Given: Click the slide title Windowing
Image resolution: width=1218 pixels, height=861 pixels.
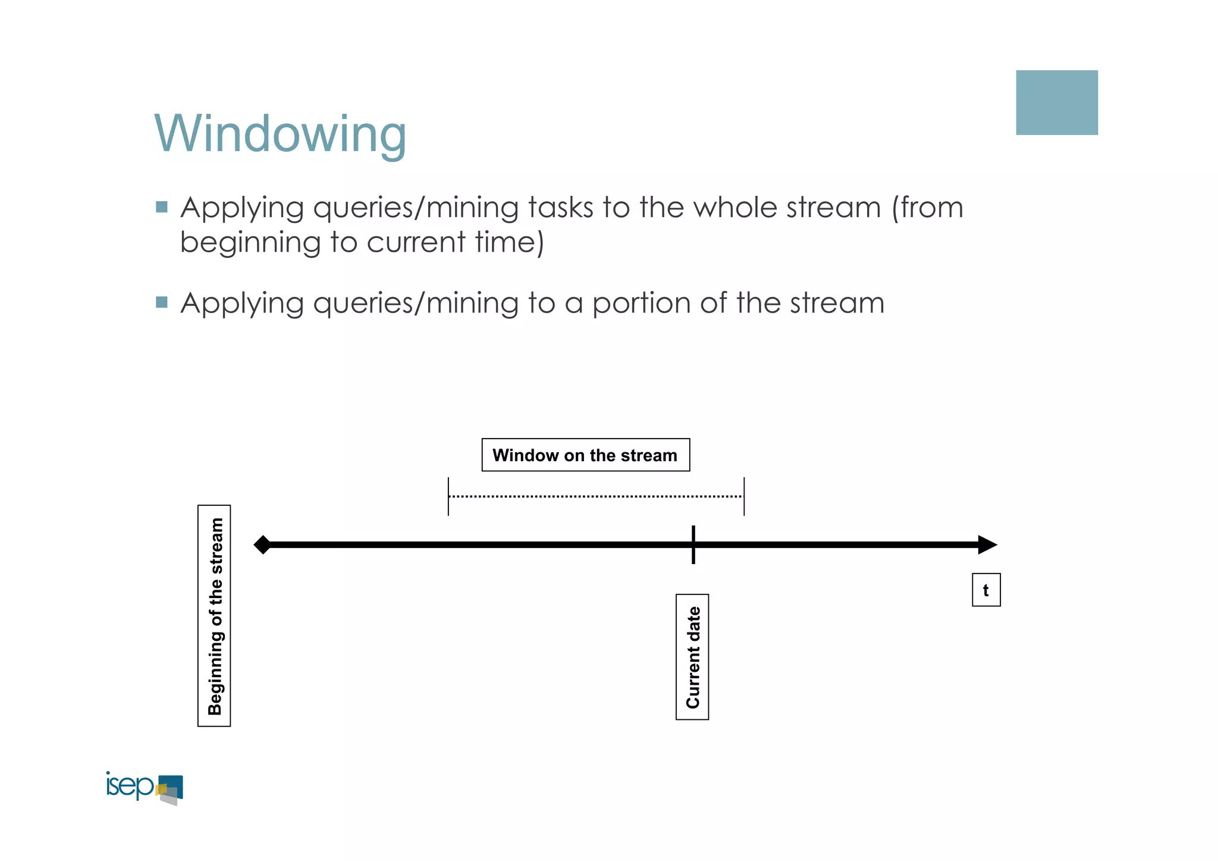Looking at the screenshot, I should point(280,134).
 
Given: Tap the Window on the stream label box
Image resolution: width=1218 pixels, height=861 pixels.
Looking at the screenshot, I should point(585,455).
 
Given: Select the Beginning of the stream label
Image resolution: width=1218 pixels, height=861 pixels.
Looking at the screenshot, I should point(214,616).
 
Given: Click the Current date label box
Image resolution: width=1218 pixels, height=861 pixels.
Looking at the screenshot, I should point(692,657).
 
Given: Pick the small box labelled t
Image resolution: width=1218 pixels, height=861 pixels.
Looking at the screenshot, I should point(986,590).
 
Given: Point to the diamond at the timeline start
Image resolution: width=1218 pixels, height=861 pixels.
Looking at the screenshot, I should point(262,544).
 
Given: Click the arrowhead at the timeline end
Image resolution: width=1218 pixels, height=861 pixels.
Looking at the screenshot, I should point(987,544).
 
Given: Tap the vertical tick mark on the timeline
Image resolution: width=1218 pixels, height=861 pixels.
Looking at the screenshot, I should point(693,544).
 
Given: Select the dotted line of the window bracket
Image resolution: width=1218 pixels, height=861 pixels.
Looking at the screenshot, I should point(595,496).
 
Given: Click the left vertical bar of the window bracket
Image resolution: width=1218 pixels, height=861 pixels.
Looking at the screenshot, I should point(448,496).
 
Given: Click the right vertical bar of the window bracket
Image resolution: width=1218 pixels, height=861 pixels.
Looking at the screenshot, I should point(744,496).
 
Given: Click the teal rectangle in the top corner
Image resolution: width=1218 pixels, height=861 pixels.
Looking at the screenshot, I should point(1056,102).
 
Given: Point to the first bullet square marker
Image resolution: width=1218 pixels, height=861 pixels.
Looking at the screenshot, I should point(161,207).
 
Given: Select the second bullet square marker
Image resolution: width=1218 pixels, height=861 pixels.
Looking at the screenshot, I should point(161,302).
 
